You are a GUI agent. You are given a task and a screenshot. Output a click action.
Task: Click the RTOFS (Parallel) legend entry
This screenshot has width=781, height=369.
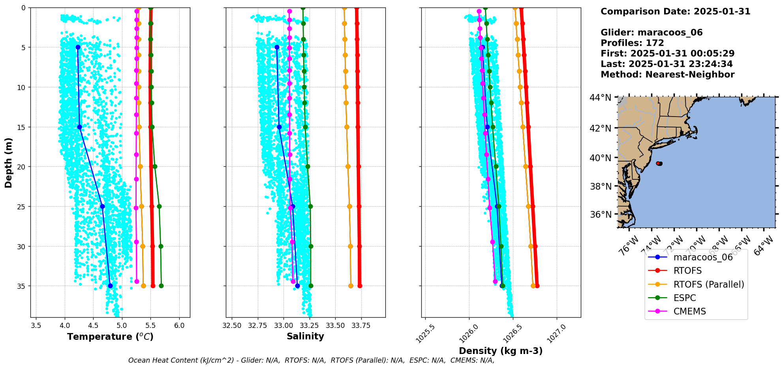coord(708,284)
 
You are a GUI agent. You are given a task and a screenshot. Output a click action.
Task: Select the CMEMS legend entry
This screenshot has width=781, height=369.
coord(689,311)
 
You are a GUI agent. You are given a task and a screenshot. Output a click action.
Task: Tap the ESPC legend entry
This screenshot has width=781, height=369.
coord(685,298)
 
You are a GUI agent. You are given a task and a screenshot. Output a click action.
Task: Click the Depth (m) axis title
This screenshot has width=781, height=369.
coord(8,162)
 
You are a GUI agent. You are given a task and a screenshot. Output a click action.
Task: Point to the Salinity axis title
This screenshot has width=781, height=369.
coord(305,336)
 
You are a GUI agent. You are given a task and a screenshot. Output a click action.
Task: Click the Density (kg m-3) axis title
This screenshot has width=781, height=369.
coord(501,351)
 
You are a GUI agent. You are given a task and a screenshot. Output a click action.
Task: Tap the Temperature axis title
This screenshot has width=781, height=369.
coord(110,337)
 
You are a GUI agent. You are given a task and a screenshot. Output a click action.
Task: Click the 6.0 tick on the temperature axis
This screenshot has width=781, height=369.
coord(179,326)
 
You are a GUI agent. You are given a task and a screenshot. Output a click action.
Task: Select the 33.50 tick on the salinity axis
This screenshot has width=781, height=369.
coord(335,326)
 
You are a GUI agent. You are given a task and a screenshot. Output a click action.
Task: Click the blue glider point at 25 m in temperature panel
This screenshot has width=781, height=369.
coord(102,206)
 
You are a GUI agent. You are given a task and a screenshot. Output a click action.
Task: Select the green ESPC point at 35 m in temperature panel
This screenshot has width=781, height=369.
coord(161,286)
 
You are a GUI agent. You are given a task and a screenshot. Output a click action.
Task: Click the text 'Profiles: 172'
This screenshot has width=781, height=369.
coord(632,43)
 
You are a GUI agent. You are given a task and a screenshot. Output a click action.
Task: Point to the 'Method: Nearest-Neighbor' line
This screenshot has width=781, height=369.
coord(667,75)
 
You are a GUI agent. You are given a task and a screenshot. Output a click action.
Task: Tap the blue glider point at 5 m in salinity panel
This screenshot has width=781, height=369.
coord(277,47)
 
